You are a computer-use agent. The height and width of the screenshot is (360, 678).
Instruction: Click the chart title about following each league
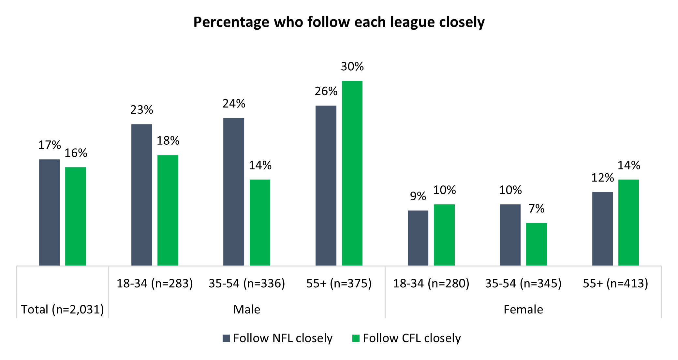point(339,22)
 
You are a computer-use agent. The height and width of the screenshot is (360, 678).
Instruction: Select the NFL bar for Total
point(49,212)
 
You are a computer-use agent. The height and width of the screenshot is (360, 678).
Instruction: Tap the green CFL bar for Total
point(76,216)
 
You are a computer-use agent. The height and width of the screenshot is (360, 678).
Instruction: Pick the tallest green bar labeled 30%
point(352,173)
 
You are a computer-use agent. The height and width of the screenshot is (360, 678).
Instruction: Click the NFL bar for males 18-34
point(141,194)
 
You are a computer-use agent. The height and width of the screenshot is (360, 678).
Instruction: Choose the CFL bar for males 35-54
point(260,222)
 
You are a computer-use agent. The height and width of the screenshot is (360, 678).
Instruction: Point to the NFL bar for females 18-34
point(418,238)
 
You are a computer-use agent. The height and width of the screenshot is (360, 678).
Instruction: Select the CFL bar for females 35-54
point(536,244)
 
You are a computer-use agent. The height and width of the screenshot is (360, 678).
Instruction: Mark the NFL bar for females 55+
point(602,228)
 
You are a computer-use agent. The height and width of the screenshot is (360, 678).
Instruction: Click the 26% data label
point(326,91)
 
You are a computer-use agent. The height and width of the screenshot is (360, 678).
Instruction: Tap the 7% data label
point(537,209)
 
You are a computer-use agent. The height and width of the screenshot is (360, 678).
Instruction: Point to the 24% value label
point(234,104)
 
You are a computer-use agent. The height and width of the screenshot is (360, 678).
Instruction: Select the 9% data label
point(418,196)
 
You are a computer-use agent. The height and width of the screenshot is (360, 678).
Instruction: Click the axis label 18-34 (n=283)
point(155,283)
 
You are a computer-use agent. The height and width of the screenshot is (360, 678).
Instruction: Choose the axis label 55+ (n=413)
point(615,283)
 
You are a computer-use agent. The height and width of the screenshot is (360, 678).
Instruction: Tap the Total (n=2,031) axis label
point(62,309)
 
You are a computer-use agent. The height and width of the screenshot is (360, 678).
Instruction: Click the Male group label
point(247,309)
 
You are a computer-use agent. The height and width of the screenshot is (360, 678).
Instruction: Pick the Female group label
point(523,309)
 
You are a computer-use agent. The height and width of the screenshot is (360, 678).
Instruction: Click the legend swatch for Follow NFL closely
point(226,338)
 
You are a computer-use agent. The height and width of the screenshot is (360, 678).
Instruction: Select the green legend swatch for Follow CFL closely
point(356,338)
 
